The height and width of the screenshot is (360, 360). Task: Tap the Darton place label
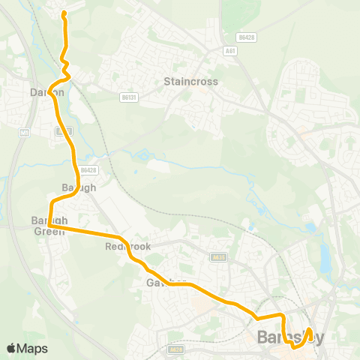click(46, 93)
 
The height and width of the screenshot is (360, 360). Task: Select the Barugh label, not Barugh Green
click(79, 187)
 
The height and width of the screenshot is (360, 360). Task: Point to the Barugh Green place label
click(49, 226)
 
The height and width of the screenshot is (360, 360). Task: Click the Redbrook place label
click(128, 246)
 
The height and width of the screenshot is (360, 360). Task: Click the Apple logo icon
click(12, 349)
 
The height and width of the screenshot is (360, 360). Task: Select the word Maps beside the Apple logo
click(32, 349)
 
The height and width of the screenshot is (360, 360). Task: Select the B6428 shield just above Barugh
click(89, 170)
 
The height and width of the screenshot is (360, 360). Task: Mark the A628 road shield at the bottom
click(175, 349)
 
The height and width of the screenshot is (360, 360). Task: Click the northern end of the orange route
click(64, 13)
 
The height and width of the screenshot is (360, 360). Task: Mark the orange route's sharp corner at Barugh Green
click(49, 225)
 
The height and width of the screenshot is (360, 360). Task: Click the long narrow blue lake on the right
click(325, 257)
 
